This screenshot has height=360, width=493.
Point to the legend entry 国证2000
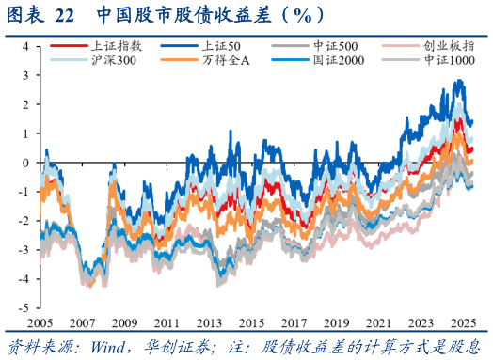tap(333, 60)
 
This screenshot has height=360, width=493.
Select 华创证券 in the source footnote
tap(163, 347)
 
